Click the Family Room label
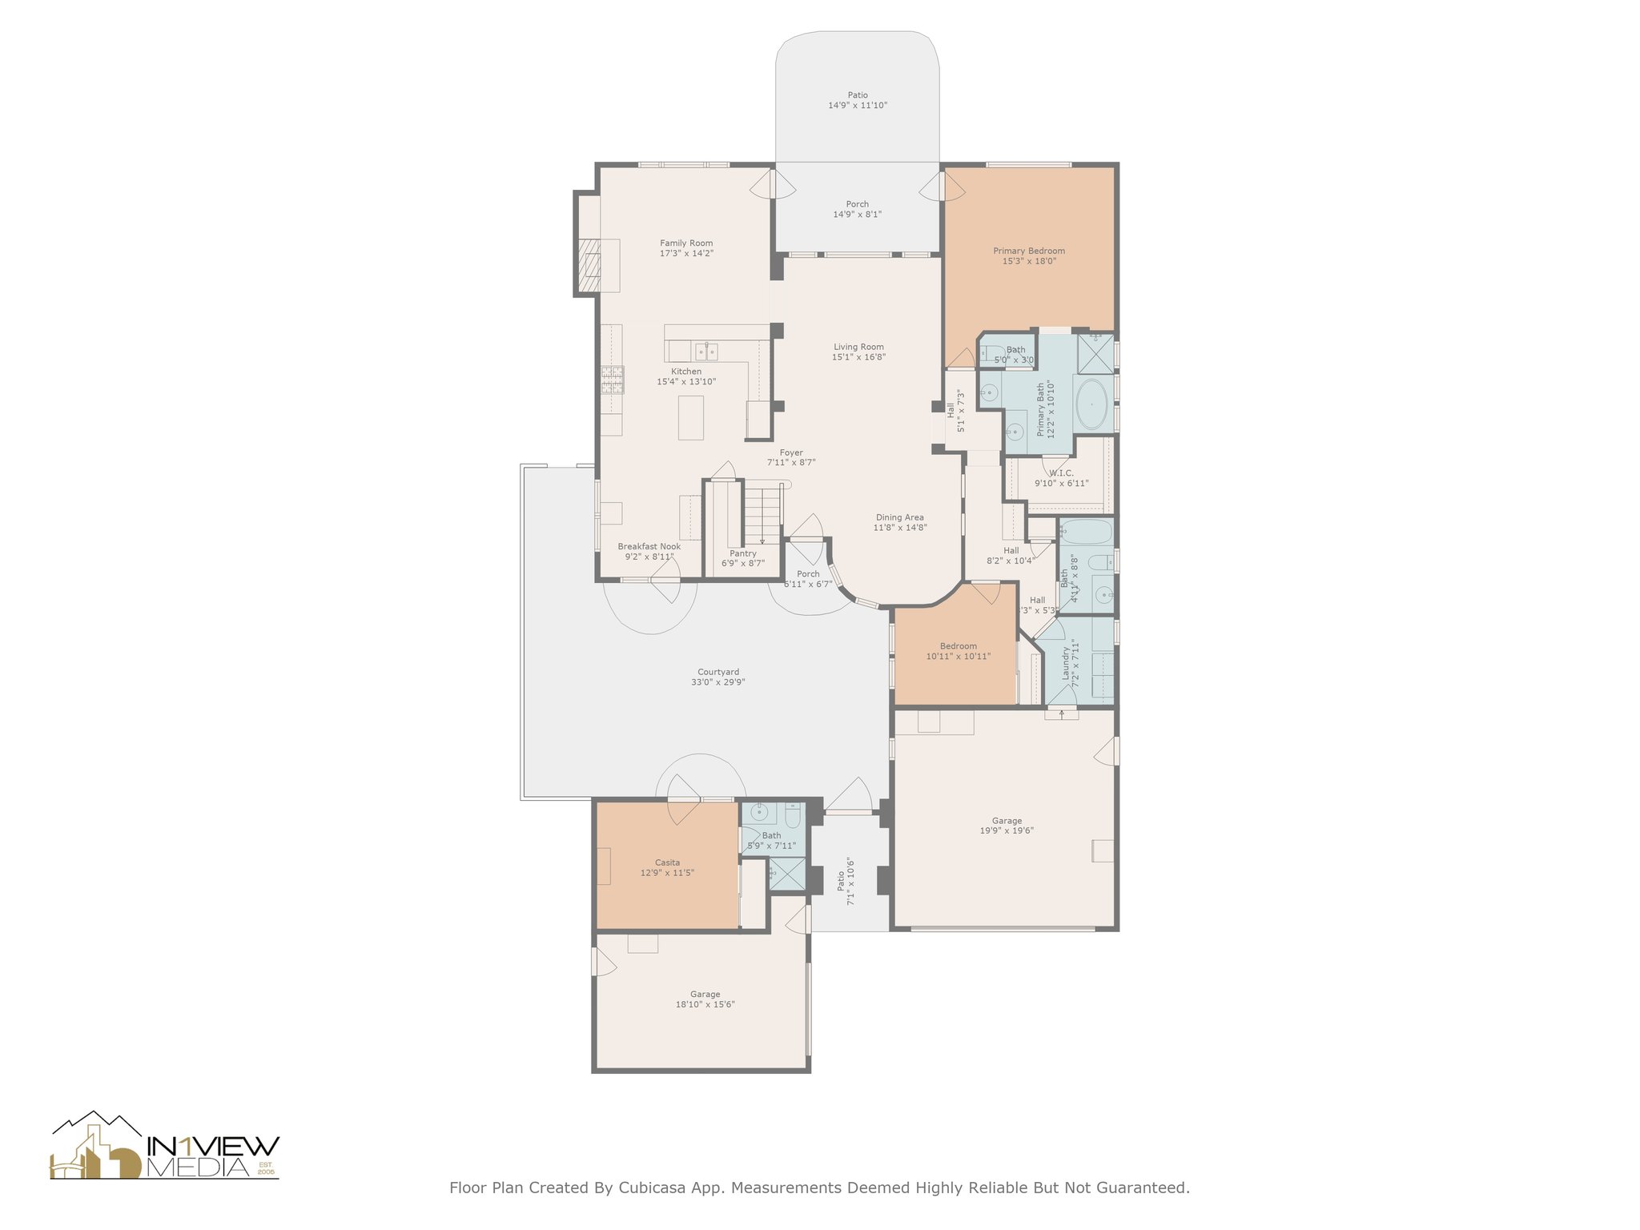point(686,243)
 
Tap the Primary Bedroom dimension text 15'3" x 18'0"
point(1029,261)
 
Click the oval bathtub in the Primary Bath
point(1091,404)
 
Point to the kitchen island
point(691,417)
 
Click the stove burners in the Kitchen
point(613,380)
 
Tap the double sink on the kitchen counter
point(706,351)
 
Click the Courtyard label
point(718,673)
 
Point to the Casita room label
point(667,863)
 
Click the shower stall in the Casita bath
point(787,874)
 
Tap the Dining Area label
point(899,517)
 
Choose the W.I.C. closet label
point(1061,473)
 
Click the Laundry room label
point(1066,664)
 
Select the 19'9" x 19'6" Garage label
point(1007,826)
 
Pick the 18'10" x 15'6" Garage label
point(705,999)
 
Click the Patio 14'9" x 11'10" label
point(858,100)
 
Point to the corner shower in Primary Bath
point(1095,354)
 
